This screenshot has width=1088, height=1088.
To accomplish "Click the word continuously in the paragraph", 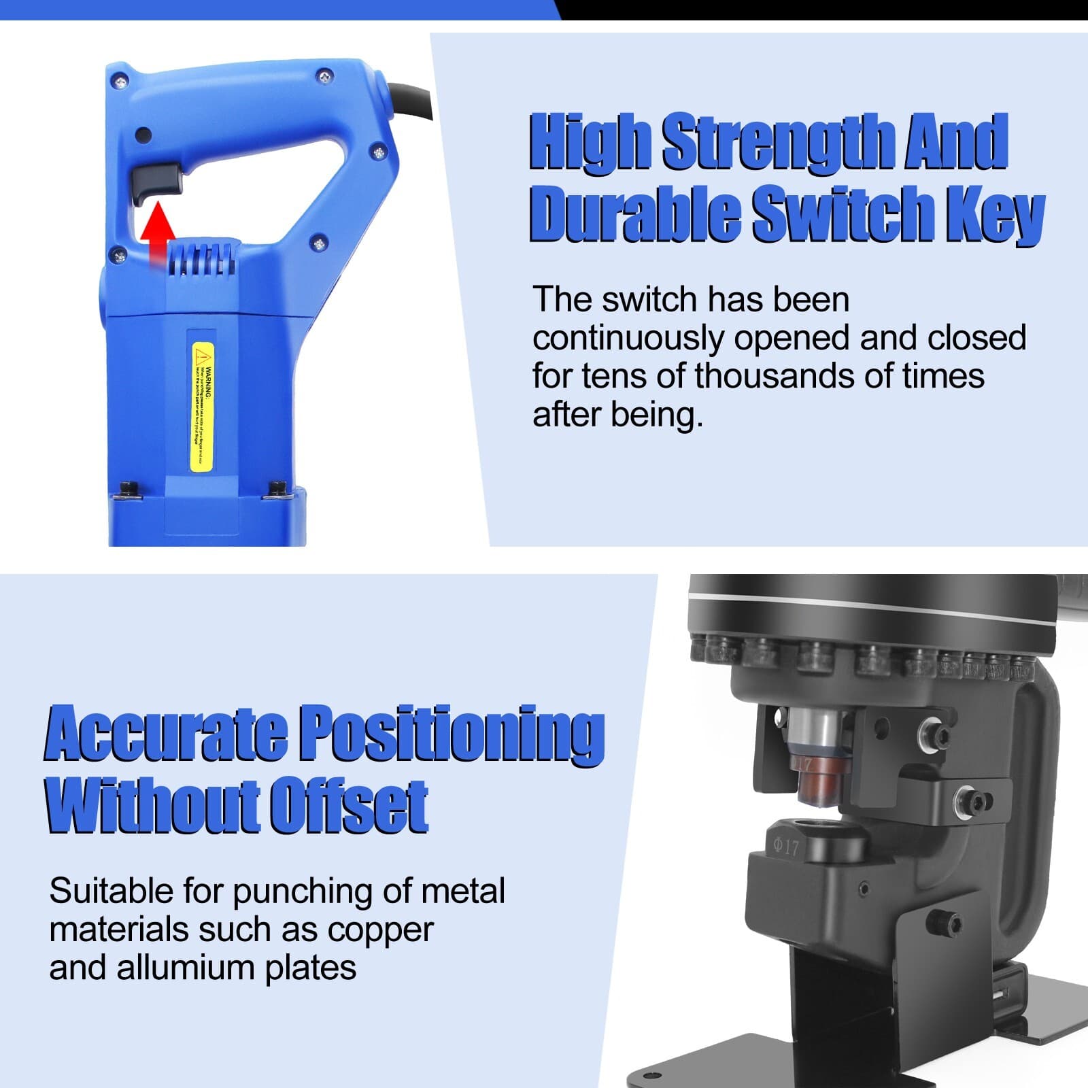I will [628, 339].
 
